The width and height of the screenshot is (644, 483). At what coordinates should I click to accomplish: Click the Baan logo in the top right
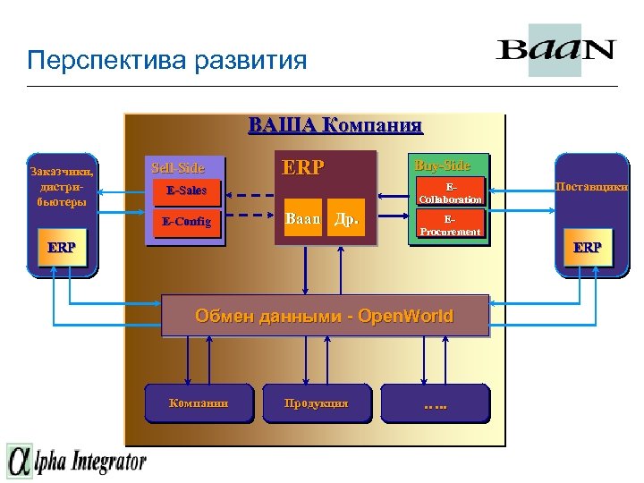(555, 49)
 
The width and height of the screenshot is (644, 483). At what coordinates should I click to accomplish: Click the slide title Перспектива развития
(166, 61)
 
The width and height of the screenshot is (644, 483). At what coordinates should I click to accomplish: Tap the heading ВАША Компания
(335, 124)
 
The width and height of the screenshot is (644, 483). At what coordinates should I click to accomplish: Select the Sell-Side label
(178, 167)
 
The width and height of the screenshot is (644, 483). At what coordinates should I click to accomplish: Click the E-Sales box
(185, 191)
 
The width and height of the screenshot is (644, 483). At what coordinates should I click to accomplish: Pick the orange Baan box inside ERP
(302, 218)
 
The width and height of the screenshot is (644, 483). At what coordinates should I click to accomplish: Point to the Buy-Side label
(441, 165)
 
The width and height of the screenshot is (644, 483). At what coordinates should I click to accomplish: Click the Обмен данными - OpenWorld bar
(325, 316)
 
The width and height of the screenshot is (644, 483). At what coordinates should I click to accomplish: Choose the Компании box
(199, 402)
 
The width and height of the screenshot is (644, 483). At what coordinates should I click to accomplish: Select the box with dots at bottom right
(435, 402)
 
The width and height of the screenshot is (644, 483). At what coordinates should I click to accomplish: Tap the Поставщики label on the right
(590, 187)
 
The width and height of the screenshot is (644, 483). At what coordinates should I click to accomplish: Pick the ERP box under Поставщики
(588, 248)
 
